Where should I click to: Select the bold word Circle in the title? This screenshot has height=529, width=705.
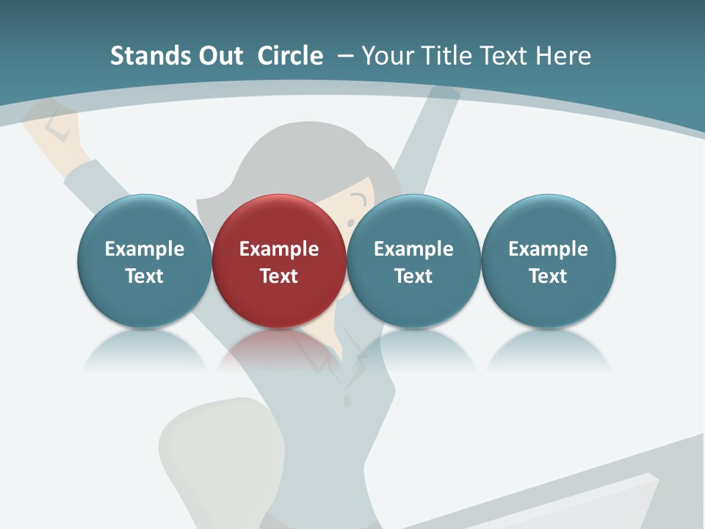[x=290, y=56]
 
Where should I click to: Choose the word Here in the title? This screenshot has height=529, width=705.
[x=563, y=56]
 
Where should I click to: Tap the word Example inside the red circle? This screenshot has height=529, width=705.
[x=279, y=249]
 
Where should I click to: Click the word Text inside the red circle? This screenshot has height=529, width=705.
[x=279, y=276]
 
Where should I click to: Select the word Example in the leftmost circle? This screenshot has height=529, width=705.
[x=144, y=249]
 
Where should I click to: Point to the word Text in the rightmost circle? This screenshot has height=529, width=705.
[x=548, y=276]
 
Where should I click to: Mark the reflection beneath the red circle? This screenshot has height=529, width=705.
[x=279, y=349]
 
